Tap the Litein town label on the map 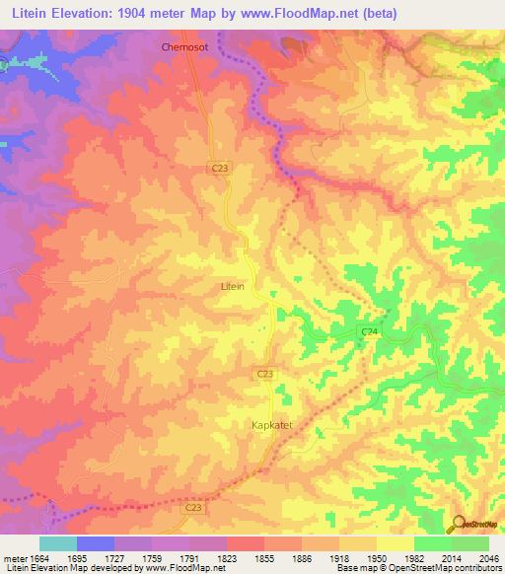click(x=232, y=286)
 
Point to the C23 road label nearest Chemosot click(x=220, y=170)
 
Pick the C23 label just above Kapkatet click(x=264, y=374)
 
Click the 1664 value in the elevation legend click(x=39, y=556)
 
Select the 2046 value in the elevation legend click(x=488, y=556)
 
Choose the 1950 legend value click(x=376, y=556)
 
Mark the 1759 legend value click(x=152, y=556)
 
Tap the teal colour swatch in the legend click(x=58, y=543)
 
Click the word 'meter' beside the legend click(x=14, y=556)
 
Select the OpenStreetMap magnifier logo click(x=457, y=524)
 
